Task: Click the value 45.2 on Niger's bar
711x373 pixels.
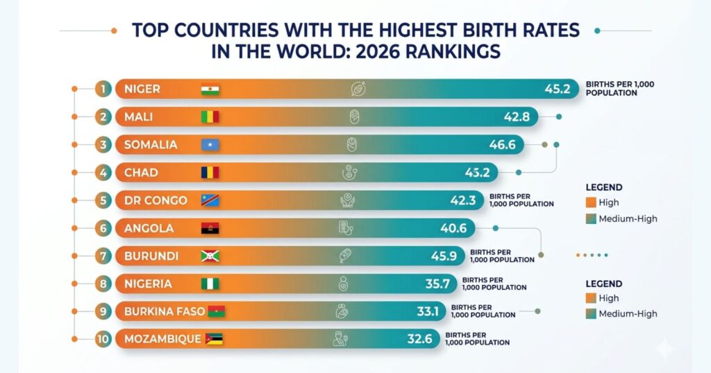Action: tap(557, 89)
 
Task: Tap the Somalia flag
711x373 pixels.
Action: tap(209, 145)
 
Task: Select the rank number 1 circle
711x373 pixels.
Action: tap(103, 89)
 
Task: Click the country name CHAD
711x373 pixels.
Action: tap(141, 173)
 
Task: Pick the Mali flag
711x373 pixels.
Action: tap(209, 116)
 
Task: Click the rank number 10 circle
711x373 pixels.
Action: tap(103, 339)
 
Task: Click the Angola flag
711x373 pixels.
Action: tap(209, 228)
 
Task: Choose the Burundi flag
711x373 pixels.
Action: tap(209, 256)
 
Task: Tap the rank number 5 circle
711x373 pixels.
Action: tap(103, 200)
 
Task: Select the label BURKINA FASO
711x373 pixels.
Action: tap(165, 311)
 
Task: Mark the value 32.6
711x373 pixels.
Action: tap(421, 339)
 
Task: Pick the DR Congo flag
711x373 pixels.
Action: tap(209, 200)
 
